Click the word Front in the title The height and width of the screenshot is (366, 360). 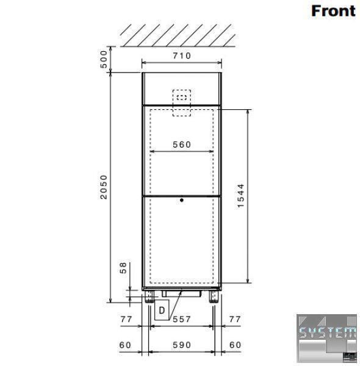[x=333, y=11]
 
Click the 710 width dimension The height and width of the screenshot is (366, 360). [x=182, y=56]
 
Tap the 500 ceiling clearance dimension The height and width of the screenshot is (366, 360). [x=104, y=59]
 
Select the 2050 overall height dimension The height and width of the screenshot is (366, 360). [x=104, y=187]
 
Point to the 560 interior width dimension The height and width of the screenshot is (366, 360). [x=182, y=145]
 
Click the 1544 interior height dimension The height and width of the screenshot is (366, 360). [x=240, y=196]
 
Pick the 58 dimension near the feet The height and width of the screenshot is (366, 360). [x=123, y=268]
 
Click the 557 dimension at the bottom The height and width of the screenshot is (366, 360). [x=182, y=319]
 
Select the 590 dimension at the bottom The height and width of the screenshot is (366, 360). [x=182, y=345]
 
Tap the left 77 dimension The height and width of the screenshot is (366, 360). [x=126, y=319]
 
